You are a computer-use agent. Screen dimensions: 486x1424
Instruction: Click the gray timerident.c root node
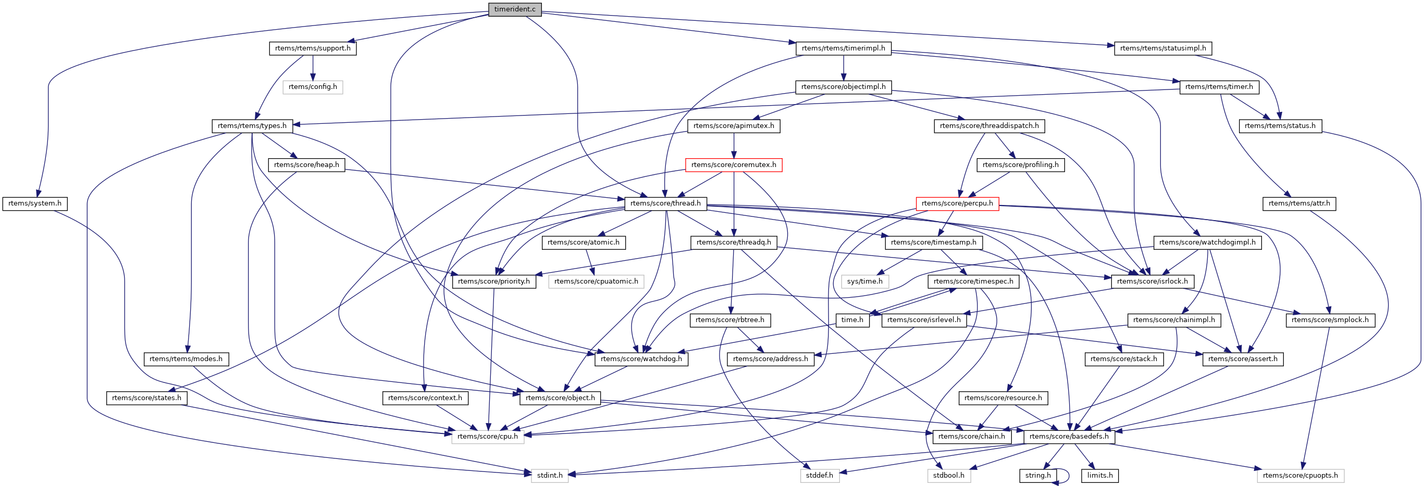[515, 9]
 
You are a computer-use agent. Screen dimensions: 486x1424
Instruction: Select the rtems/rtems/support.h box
[312, 48]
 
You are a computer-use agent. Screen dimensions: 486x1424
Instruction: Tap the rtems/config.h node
[312, 87]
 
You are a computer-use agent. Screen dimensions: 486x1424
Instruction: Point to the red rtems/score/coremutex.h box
[734, 165]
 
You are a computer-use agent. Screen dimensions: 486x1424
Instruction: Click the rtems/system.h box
[35, 204]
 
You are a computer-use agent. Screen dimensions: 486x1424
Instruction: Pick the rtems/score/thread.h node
[665, 204]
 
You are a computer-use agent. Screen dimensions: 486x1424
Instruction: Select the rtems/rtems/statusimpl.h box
[1162, 48]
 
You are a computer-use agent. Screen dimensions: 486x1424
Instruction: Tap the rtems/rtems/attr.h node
[1299, 204]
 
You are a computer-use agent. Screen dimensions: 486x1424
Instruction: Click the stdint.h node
[550, 476]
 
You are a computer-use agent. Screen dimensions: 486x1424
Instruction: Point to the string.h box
[1037, 476]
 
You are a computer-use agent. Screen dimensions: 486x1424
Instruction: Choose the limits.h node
[1099, 476]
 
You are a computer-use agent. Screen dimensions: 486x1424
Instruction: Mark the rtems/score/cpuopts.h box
[1300, 476]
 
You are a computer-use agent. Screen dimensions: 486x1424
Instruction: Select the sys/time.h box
[864, 282]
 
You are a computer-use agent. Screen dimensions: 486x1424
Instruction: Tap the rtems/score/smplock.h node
[1330, 321]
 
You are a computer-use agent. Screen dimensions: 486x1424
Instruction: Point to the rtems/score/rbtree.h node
[729, 321]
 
